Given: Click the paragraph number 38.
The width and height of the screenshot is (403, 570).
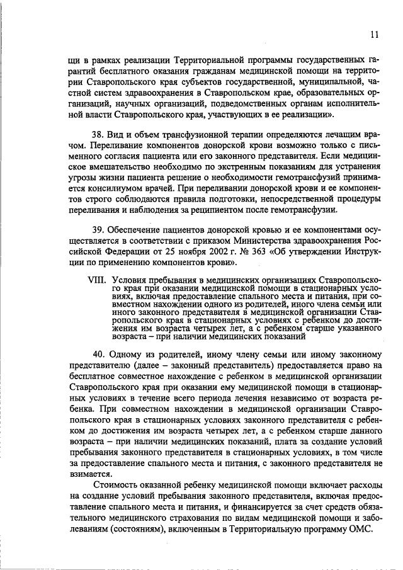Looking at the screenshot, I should pyautogui.click(x=98, y=135).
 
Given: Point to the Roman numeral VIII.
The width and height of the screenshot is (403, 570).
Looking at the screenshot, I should pyautogui.click(x=98, y=278).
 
